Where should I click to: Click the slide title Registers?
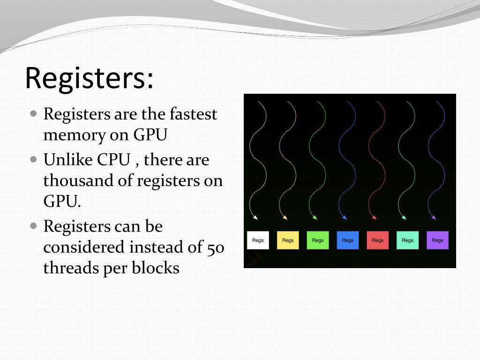[x=89, y=78]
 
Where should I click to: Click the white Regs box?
[x=258, y=240]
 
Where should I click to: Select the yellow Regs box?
[x=288, y=240]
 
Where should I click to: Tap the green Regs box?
[x=318, y=240]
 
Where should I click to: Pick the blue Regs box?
[x=347, y=240]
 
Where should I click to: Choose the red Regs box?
[x=377, y=240]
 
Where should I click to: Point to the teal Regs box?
[x=407, y=240]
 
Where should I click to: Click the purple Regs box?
[x=437, y=240]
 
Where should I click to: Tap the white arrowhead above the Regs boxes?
[x=255, y=217]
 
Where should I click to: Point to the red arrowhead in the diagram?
[x=374, y=217]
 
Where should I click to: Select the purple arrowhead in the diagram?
[x=434, y=217]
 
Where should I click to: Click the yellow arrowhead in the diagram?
[x=285, y=217]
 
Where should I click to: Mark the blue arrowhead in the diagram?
[x=345, y=217]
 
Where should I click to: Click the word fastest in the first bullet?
[x=193, y=114]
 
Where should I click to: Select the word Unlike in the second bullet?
[x=68, y=160]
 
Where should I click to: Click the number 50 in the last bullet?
[x=215, y=247]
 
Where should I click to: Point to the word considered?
[x=84, y=247]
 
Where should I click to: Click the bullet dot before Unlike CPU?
[x=33, y=159]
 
